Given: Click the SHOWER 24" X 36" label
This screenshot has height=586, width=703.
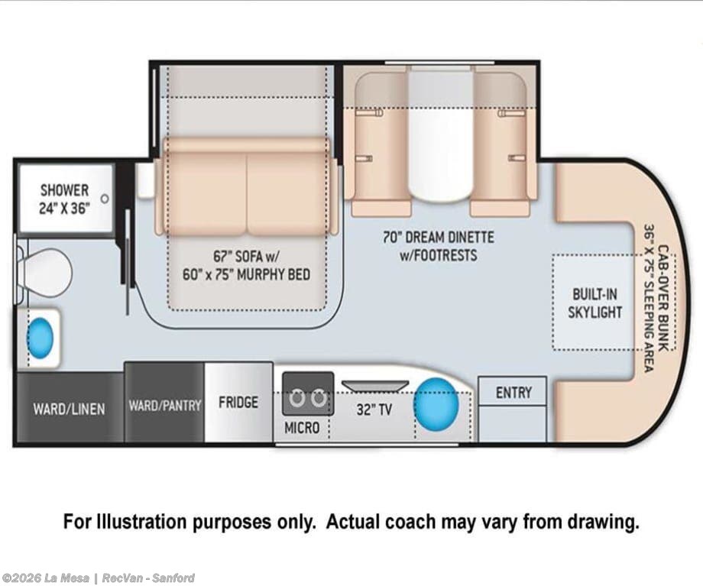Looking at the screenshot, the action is (x=64, y=199).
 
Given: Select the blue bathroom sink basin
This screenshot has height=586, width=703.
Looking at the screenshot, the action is (x=40, y=338).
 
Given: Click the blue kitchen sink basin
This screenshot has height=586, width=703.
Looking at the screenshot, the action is (x=436, y=403).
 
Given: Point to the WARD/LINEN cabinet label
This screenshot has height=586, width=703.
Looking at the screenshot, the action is (x=69, y=409).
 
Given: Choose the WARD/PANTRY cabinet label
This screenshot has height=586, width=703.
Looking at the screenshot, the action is (x=165, y=406).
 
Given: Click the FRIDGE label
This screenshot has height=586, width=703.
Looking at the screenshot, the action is (x=238, y=402).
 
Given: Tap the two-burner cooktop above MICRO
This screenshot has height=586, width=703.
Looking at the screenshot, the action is (x=308, y=393).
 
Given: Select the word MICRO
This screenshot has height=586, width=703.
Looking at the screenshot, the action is (x=302, y=428).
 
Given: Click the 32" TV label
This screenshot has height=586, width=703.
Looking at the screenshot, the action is (x=374, y=410).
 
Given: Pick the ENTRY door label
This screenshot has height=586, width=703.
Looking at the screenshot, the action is (x=513, y=393).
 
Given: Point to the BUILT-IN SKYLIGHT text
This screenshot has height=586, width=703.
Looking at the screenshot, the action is (x=595, y=303).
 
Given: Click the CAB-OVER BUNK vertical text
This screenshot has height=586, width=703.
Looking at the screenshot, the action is (x=663, y=298).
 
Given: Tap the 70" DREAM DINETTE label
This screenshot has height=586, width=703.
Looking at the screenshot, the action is (x=439, y=237).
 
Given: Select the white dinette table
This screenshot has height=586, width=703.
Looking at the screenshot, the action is (x=440, y=135).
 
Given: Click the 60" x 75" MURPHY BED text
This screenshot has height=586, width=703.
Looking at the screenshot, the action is (x=246, y=274).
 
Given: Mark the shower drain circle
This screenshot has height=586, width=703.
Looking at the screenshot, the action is (x=105, y=199).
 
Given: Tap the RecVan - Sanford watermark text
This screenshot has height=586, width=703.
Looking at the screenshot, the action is (x=148, y=578).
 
